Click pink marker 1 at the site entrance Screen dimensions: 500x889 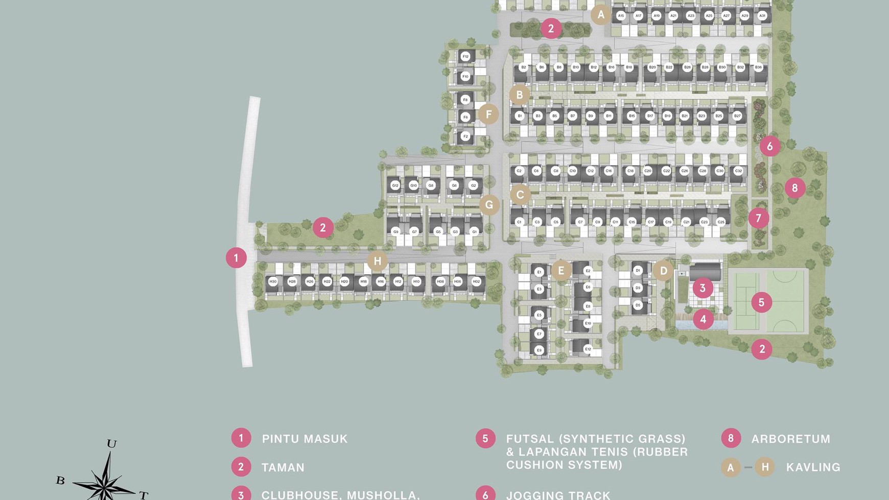(x=236, y=258)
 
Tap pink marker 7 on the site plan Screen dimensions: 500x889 (x=758, y=218)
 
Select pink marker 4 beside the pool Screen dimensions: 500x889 (x=703, y=319)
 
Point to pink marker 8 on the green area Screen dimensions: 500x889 (x=794, y=188)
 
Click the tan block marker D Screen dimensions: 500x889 (x=663, y=271)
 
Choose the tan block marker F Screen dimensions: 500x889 (x=488, y=114)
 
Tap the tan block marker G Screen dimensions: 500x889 (x=489, y=205)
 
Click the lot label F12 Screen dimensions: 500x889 (x=465, y=57)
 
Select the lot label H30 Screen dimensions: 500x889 (x=273, y=281)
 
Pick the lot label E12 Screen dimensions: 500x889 (x=588, y=349)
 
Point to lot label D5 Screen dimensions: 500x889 (x=638, y=305)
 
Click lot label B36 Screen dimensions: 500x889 (x=758, y=67)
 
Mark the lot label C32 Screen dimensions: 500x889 (x=738, y=171)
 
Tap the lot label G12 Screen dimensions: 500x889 (x=395, y=185)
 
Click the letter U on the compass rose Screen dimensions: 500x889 (x=111, y=443)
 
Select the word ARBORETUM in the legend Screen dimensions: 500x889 (x=790, y=439)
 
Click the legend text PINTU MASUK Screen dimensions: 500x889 (x=305, y=439)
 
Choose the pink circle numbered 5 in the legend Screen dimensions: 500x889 (x=485, y=438)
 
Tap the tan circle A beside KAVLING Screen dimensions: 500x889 (x=731, y=467)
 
